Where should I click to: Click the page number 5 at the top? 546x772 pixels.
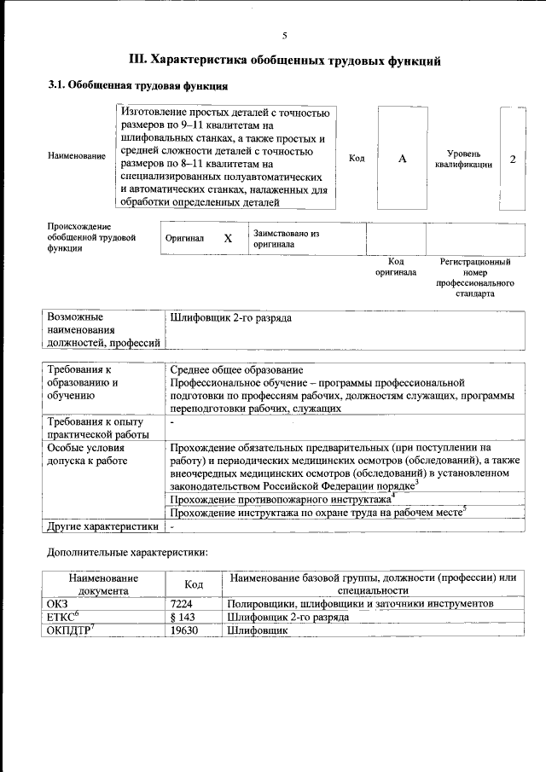[285, 35]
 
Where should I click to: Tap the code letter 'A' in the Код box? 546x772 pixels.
[403, 159]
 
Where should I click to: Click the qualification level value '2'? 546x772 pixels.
[512, 159]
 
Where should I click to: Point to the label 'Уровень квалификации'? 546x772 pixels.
[462, 159]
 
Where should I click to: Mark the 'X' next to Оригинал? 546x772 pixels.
[228, 239]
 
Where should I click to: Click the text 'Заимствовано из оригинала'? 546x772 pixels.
[285, 238]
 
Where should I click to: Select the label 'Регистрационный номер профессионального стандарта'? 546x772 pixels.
[475, 276]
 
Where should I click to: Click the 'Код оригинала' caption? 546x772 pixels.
[396, 266]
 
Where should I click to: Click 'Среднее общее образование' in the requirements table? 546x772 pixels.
[236, 370]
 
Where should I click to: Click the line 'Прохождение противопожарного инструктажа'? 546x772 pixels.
[282, 499]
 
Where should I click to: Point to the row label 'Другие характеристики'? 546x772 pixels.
[102, 525]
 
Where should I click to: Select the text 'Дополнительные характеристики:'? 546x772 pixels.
[127, 553]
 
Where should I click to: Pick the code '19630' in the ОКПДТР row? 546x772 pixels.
[195, 630]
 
